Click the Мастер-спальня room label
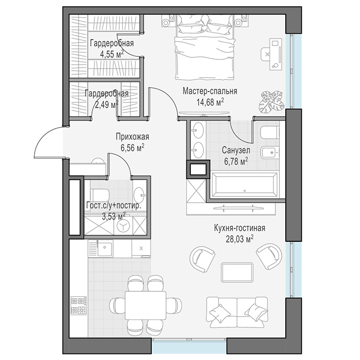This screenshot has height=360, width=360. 210,91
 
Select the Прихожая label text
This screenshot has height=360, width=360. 133,137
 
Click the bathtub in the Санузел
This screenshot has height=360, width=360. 244,185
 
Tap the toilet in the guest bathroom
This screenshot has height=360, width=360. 100,195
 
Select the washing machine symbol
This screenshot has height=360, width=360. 124,226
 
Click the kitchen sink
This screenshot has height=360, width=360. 105,248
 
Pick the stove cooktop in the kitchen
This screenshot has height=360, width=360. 79,306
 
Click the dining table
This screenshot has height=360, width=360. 145,305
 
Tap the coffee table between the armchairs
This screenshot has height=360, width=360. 237,272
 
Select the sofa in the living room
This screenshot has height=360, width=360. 237,312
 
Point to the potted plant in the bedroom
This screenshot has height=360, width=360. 271,101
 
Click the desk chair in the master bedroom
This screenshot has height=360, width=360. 266,54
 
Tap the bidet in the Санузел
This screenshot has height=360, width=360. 270,152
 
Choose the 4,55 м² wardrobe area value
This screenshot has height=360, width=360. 112,54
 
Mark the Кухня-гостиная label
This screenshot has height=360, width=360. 240,228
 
